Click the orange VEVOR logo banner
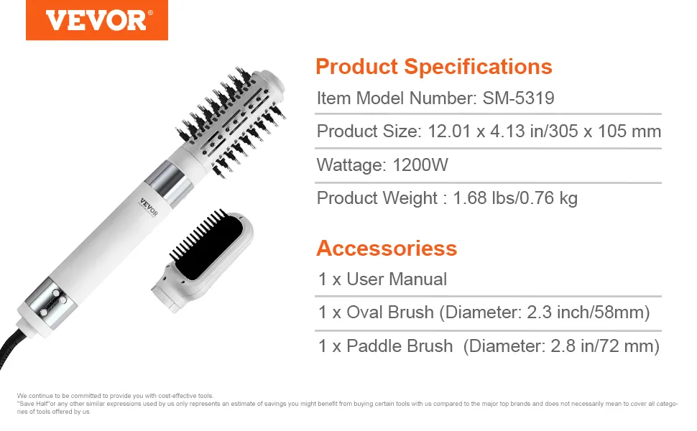coord(97,20)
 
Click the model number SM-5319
coord(518,98)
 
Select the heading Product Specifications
coord(434,67)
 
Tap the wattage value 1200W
coord(420,164)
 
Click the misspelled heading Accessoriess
coord(387,248)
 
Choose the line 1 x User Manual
coord(382,279)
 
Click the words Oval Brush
coord(390,312)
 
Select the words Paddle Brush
coord(400,346)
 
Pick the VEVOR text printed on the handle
coord(149,207)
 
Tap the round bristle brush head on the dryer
coord(231,121)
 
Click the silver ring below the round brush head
coord(169,183)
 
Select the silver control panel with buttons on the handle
coord(51,303)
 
